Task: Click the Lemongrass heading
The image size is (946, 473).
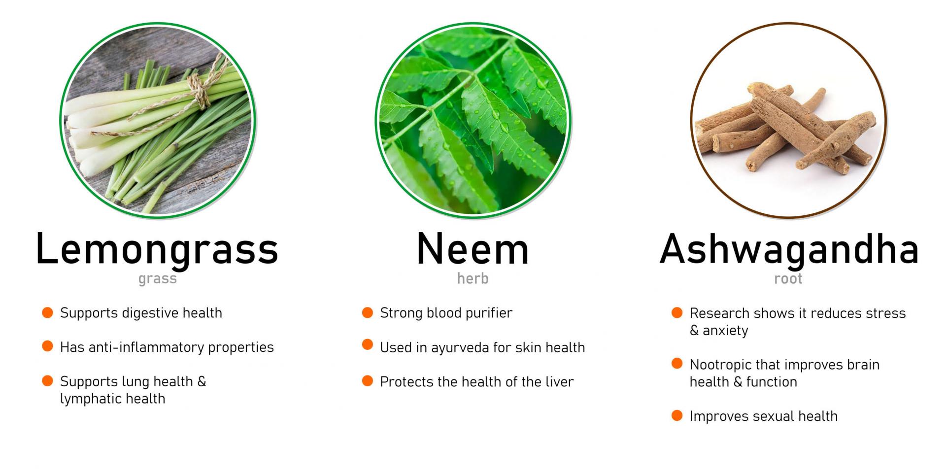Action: [x=157, y=249]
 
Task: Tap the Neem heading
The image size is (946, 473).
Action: [x=473, y=249]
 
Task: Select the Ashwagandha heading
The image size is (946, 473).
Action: [x=789, y=249]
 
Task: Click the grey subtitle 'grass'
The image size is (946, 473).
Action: [x=157, y=279]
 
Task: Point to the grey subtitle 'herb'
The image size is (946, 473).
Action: [x=473, y=278]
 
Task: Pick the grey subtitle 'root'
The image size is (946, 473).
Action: [x=788, y=279]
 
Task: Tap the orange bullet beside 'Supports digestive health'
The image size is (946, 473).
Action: [x=47, y=312]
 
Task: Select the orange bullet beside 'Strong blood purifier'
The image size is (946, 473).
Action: [x=368, y=312]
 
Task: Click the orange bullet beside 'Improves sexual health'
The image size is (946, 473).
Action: [x=677, y=415]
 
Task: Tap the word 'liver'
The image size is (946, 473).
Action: [x=560, y=382]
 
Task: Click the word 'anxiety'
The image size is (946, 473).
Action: [x=725, y=331]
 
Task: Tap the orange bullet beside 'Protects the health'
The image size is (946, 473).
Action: [x=368, y=381]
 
